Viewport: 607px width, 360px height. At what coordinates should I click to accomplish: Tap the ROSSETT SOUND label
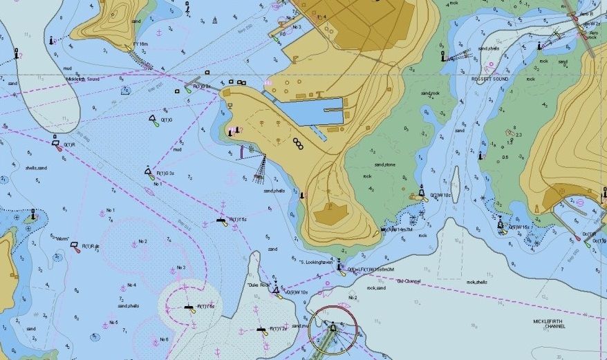489,79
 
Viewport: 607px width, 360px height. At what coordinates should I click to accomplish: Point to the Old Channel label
408,281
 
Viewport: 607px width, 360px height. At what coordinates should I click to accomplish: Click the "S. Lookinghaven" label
317,262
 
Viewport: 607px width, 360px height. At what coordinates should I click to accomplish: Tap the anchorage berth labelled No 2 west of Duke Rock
134,244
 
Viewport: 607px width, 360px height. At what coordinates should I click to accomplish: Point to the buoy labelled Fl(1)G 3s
149,171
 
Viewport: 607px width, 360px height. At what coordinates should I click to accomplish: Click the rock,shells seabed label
476,282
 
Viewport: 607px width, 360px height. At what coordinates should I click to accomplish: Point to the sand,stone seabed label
384,165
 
